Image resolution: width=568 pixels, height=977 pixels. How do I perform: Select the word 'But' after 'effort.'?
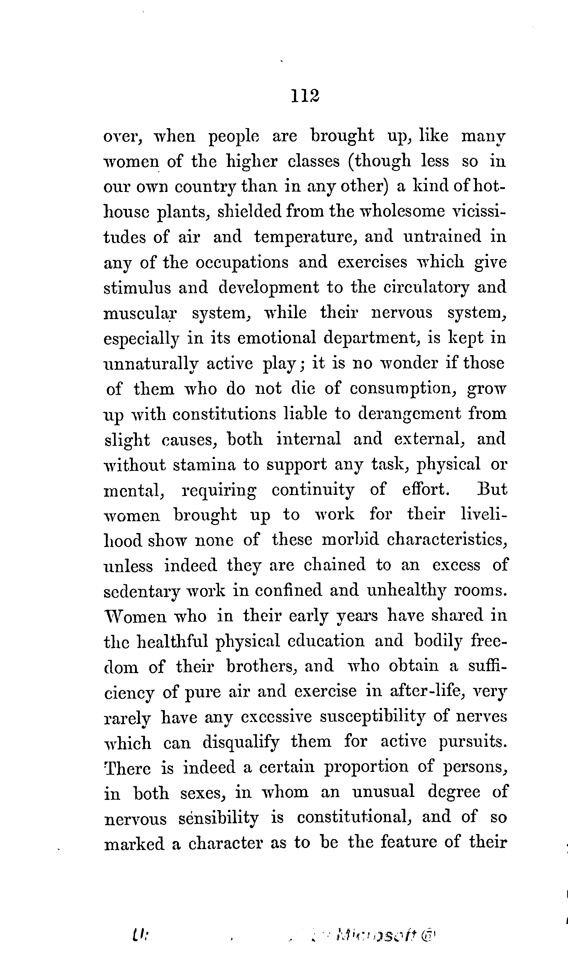[x=492, y=490]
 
